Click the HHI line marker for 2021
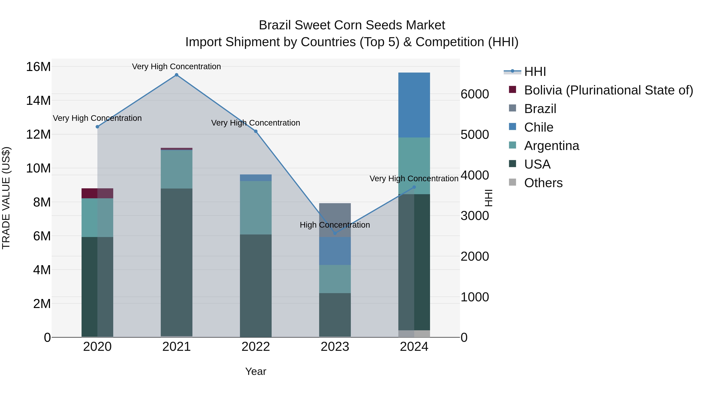coord(177,75)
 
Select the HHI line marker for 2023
coord(335,233)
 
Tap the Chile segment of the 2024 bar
coord(414,105)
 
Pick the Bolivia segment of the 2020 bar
coord(97,193)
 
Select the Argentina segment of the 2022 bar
coord(256,207)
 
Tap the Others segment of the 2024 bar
coord(414,334)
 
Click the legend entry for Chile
coord(538,127)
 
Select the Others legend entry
coord(543,183)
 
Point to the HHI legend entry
coord(535,72)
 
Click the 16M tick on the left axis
coord(38,67)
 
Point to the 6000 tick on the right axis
coord(475,94)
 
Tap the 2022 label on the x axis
coord(256,347)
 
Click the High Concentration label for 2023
coord(335,225)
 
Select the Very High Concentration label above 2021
coord(177,66)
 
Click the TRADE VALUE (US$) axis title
coord(6,198)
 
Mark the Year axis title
coord(256,371)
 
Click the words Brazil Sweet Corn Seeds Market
coord(352,25)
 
